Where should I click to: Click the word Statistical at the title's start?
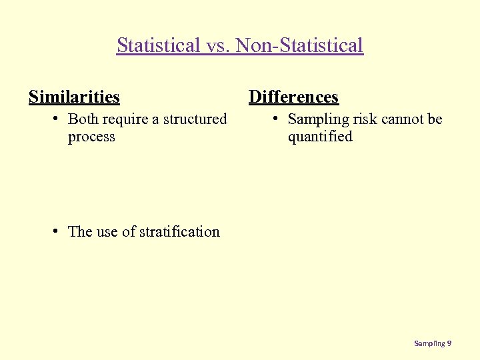click(158, 45)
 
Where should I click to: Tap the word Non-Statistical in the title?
click(301, 45)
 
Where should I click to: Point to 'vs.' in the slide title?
click(220, 45)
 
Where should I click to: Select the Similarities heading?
click(74, 97)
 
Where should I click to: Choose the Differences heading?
click(293, 97)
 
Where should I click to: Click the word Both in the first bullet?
click(83, 119)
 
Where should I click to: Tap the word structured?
click(195, 119)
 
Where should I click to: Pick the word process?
click(91, 137)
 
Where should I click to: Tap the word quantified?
click(320, 137)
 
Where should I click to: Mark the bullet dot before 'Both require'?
click(58, 119)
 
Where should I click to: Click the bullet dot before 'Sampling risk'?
click(277, 119)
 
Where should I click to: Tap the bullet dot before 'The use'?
click(58, 231)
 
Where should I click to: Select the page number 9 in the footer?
click(449, 343)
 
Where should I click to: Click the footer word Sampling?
click(429, 343)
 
